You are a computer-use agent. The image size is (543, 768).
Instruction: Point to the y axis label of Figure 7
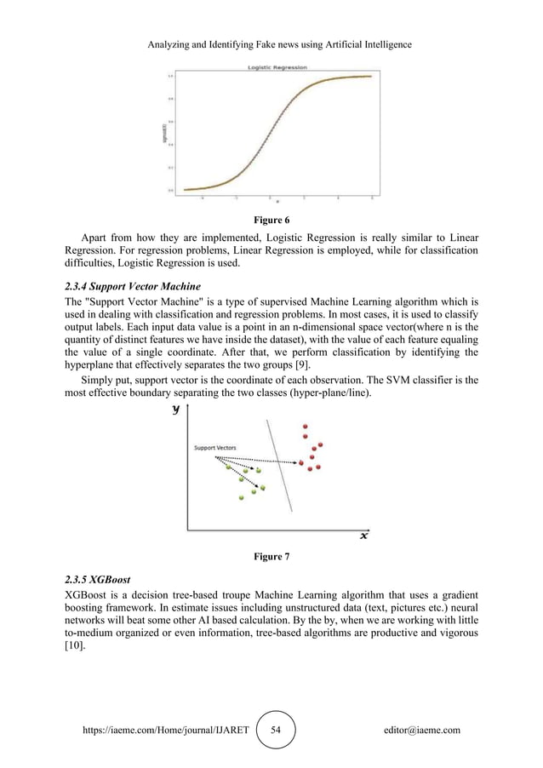(176, 410)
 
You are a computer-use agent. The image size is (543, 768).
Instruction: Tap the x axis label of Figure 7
(363, 536)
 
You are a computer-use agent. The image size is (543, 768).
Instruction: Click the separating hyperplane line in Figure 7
(280, 468)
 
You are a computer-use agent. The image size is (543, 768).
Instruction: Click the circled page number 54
(275, 730)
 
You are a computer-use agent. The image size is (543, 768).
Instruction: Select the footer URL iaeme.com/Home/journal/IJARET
(161, 730)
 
